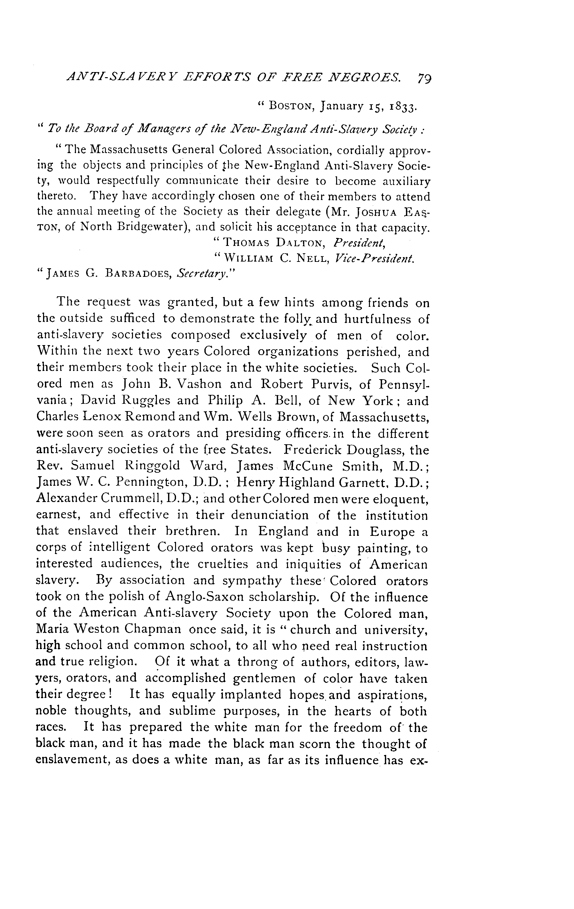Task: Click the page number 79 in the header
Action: click(424, 78)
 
